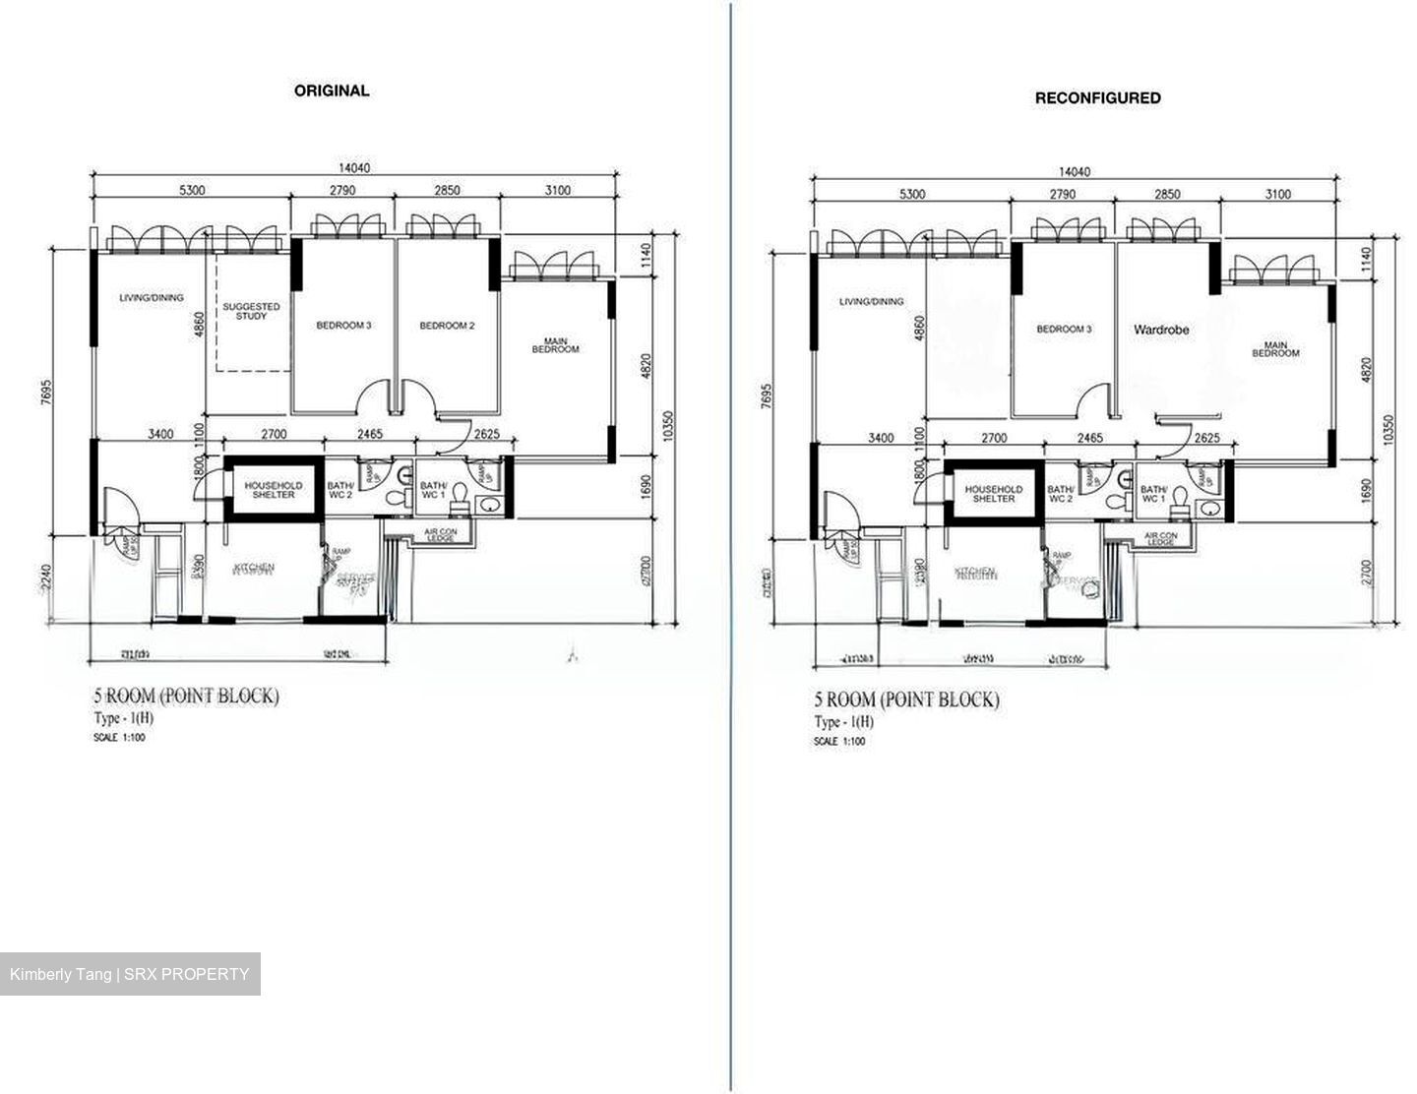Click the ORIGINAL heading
[x=332, y=91]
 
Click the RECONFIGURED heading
[x=1097, y=97]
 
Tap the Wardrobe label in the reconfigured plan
[x=1161, y=331]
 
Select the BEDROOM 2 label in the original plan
[x=447, y=326]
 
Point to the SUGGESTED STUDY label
[x=251, y=312]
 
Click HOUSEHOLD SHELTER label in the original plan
[x=274, y=490]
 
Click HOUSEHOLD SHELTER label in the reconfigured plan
[x=994, y=494]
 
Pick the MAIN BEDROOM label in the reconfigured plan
[x=1274, y=349]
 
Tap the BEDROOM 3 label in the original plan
[x=343, y=326]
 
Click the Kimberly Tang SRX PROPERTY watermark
[x=130, y=974]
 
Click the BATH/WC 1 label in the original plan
[x=434, y=490]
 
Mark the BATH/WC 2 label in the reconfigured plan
[x=1061, y=494]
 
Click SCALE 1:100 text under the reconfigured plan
[x=839, y=741]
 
